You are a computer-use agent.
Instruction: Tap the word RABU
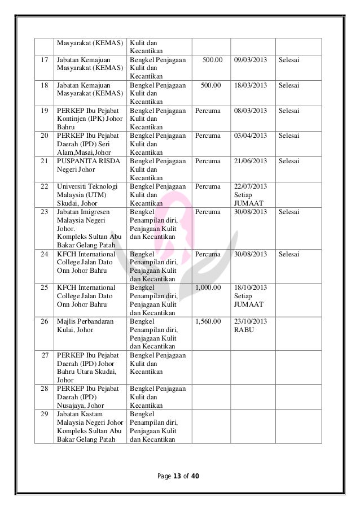pyautogui.click(x=244, y=330)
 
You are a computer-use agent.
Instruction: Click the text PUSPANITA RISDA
pyautogui.click(x=84, y=161)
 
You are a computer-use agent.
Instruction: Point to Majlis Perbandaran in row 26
pyautogui.click(x=85, y=321)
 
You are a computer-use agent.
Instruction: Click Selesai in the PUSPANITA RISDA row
pyautogui.click(x=289, y=161)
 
